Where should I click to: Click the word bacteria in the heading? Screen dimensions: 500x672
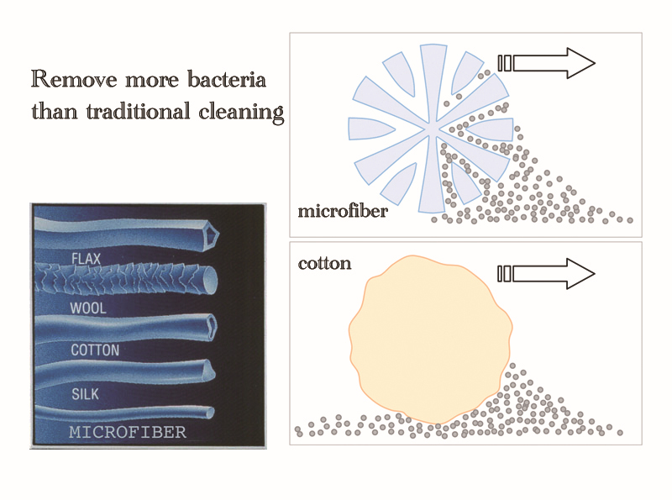pyautogui.click(x=222, y=82)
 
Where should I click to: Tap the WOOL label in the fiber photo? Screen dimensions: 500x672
pyautogui.click(x=87, y=308)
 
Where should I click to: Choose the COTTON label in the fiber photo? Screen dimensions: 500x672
pyautogui.click(x=93, y=350)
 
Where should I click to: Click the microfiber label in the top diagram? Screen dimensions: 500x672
pyautogui.click(x=343, y=211)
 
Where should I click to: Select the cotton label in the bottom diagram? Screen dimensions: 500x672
pyautogui.click(x=324, y=263)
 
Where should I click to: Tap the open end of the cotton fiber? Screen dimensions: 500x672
pyautogui.click(x=208, y=323)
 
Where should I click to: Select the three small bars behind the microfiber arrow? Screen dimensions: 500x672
pyautogui.click(x=504, y=63)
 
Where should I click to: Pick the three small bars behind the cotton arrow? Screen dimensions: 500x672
pyautogui.click(x=504, y=273)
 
